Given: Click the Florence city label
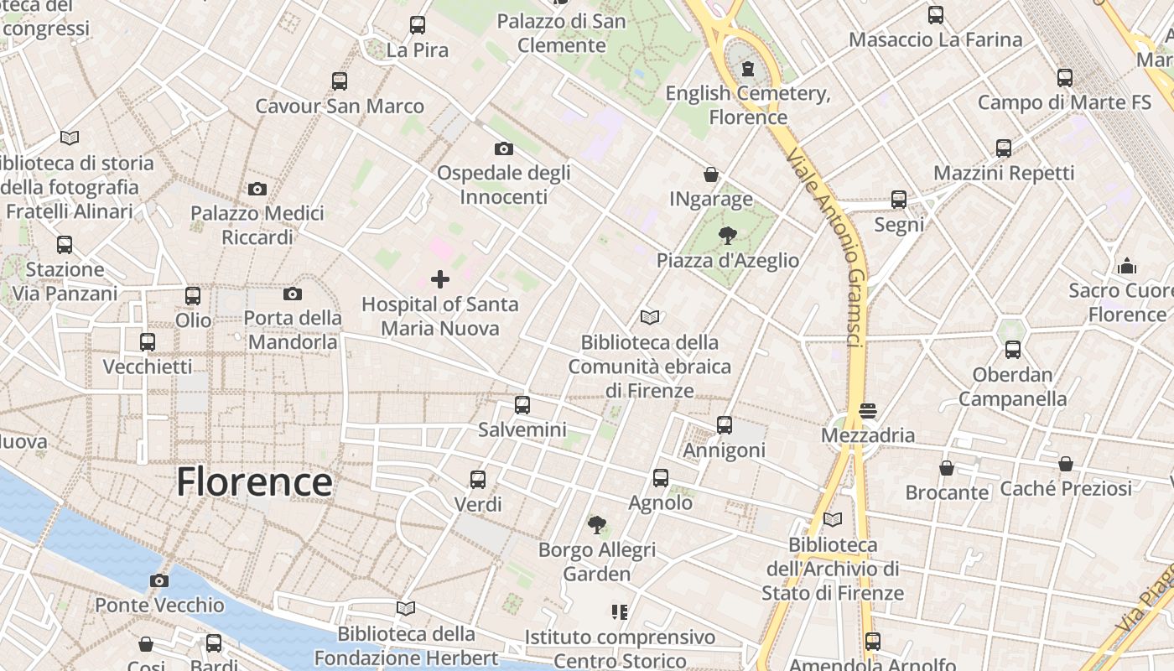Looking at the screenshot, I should pos(254,482).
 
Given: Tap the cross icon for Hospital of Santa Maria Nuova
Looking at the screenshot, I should pos(440,279).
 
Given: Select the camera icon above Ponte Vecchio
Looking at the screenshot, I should pos(158,580).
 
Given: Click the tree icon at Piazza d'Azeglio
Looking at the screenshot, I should pos(728,236).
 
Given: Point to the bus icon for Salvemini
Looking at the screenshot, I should pos(522,405).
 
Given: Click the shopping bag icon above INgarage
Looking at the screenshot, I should pos(711,174).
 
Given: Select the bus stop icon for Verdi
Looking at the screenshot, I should pos(478,480).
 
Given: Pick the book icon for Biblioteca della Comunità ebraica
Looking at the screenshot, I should pos(650,317).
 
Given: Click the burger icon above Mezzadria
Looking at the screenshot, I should pos(868,411).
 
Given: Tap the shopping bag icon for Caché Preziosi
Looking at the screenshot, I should pos(1066,464).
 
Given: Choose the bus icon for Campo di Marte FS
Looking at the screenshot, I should pos(1065,78).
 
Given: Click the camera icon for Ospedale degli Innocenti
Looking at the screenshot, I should pos(504,149).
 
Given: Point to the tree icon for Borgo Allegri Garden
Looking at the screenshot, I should pos(597,526).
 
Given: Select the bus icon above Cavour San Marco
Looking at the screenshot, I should pos(340,81).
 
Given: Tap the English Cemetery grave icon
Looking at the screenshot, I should pos(748,68).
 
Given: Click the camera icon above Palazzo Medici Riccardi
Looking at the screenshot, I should pos(257,190).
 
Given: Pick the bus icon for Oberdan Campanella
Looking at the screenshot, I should pos(1013,350).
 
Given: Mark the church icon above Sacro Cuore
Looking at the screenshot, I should pos(1127,267).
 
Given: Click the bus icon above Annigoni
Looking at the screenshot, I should pos(725,425).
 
